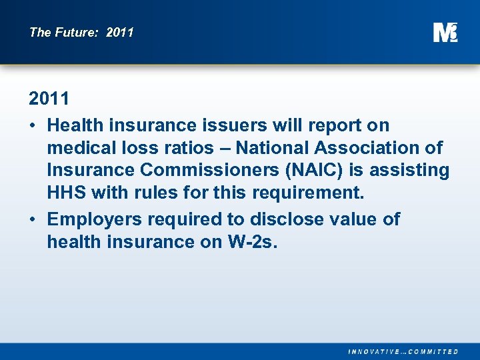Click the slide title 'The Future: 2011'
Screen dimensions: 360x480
81,32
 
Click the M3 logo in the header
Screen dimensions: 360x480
445,32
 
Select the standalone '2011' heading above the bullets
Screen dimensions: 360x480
49,99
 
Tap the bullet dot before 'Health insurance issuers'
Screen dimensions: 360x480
33,125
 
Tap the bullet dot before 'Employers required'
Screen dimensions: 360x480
33,219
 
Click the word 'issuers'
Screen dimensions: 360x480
233,125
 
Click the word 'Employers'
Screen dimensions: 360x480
95,219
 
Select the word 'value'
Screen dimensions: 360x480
356,219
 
